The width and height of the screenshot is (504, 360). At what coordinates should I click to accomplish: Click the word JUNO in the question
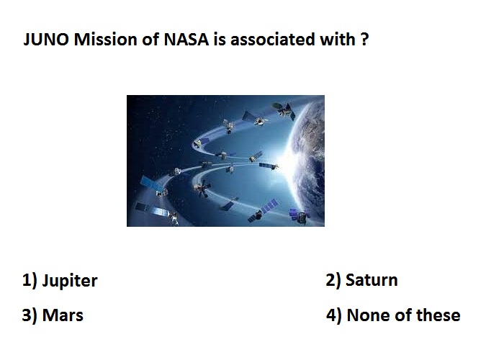(x=46, y=40)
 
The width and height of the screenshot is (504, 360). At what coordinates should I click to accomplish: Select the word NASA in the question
(x=186, y=40)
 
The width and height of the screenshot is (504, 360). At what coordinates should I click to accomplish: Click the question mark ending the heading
(x=364, y=39)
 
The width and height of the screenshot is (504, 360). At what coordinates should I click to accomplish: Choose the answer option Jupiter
(x=70, y=282)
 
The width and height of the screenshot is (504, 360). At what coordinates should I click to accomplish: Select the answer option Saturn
(x=372, y=280)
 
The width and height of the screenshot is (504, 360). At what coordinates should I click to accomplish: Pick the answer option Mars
(x=63, y=315)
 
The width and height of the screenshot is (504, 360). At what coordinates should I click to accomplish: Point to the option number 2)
(x=333, y=281)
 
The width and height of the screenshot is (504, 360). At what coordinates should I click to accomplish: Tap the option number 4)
(x=334, y=315)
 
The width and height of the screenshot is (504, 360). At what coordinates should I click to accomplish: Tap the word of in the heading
(x=150, y=40)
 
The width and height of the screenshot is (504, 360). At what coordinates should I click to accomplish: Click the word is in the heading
(x=220, y=40)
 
